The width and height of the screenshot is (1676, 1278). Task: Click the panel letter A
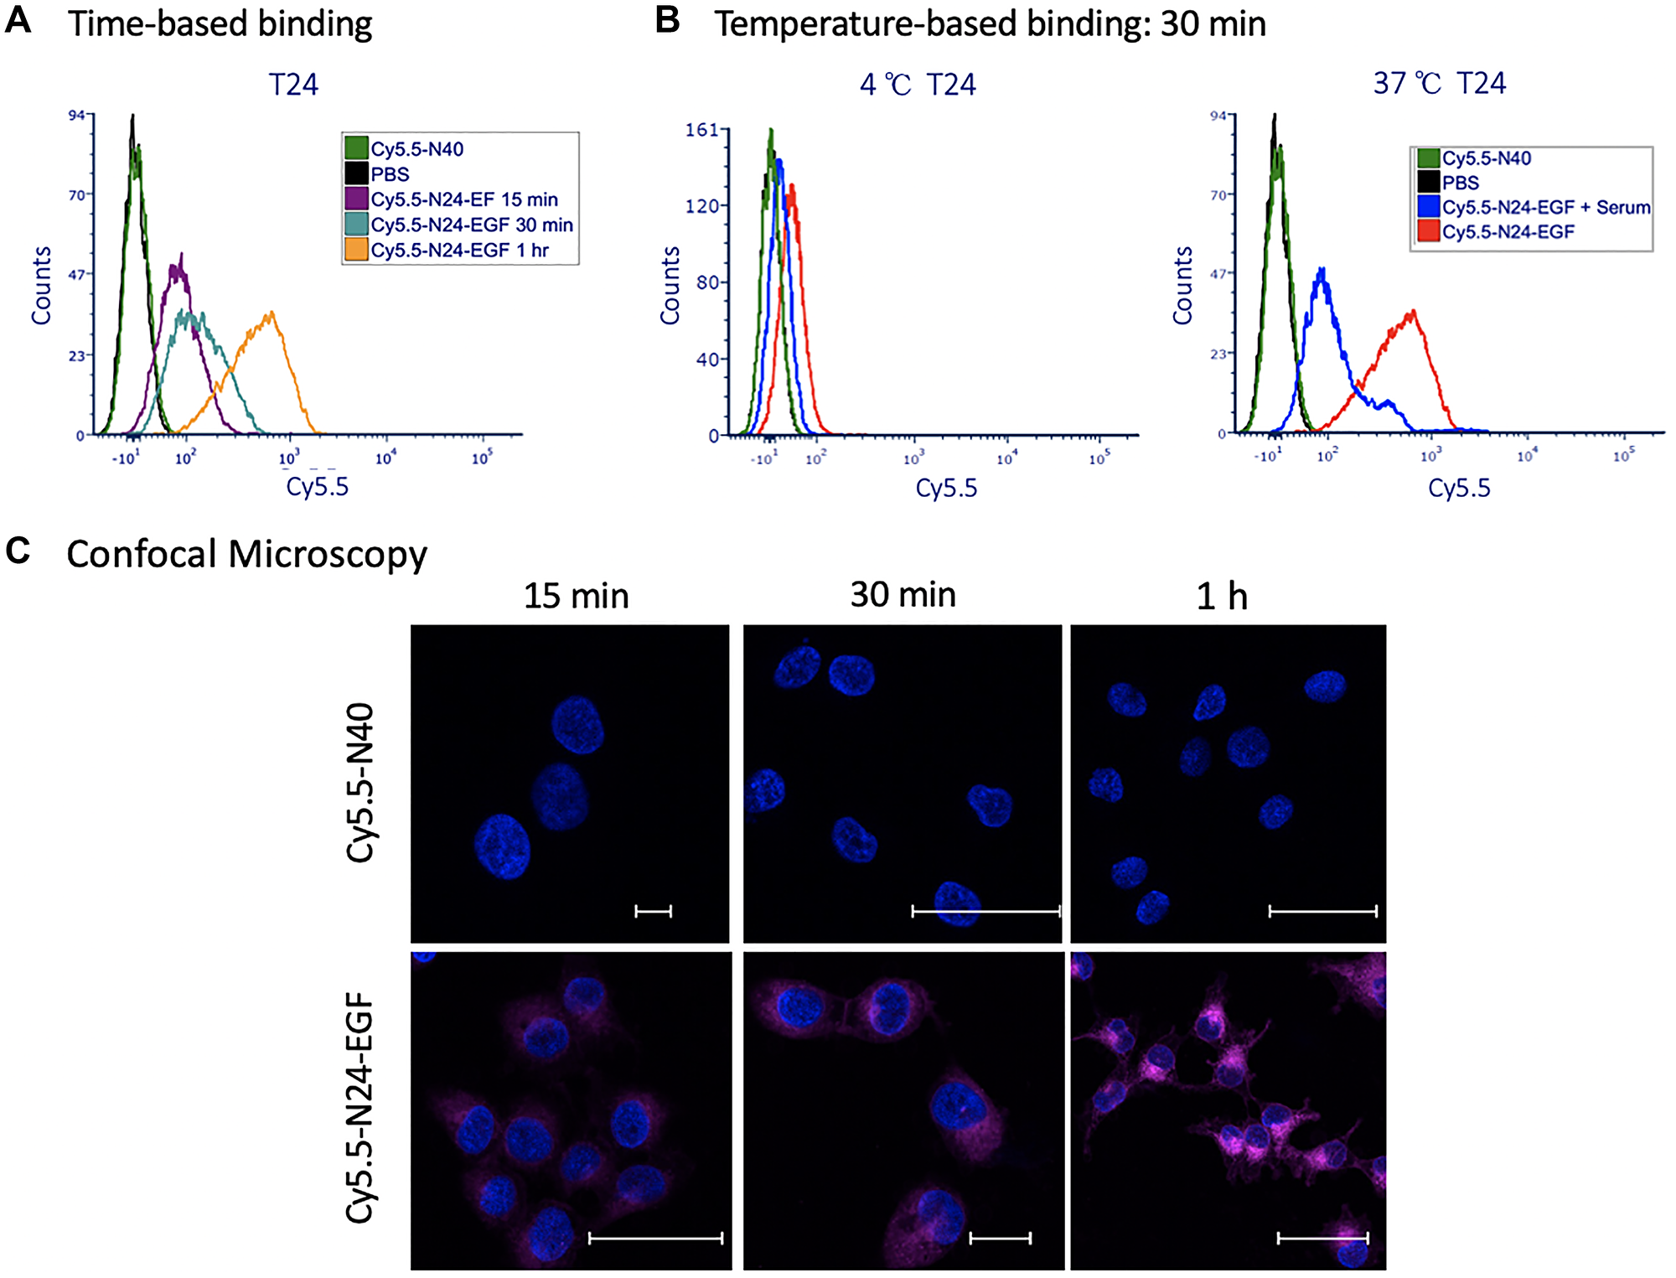pyautogui.click(x=18, y=20)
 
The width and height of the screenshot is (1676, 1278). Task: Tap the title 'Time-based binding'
pyautogui.click(x=220, y=23)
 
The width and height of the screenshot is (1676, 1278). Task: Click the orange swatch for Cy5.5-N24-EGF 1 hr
pyautogui.click(x=357, y=249)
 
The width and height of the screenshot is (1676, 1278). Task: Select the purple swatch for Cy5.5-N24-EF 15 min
pyautogui.click(x=357, y=199)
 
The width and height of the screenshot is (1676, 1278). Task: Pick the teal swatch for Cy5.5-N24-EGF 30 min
pyautogui.click(x=357, y=224)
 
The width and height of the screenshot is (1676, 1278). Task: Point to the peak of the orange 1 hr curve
pyautogui.click(x=271, y=314)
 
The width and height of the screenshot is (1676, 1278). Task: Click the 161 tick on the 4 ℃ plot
pyautogui.click(x=701, y=130)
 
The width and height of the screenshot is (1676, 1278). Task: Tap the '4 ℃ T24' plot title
pyautogui.click(x=918, y=85)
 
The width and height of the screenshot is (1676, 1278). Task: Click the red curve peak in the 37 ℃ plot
pyautogui.click(x=1413, y=313)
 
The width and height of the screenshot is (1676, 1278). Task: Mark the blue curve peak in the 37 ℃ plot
pyautogui.click(x=1322, y=270)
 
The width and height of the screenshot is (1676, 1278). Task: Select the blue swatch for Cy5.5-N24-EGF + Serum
pyautogui.click(x=1428, y=206)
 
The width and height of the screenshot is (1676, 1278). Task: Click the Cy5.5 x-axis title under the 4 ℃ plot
pyautogui.click(x=946, y=488)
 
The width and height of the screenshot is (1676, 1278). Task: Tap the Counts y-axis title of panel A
pyautogui.click(x=41, y=285)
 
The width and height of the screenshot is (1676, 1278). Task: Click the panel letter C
pyautogui.click(x=18, y=551)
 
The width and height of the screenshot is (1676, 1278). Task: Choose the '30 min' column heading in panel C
pyautogui.click(x=903, y=595)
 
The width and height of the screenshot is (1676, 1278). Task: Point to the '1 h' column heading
pyautogui.click(x=1222, y=597)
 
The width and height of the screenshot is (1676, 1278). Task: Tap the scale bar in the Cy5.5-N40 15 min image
pyautogui.click(x=653, y=911)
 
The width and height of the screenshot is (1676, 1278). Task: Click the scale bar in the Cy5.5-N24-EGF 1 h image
pyautogui.click(x=1322, y=1238)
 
